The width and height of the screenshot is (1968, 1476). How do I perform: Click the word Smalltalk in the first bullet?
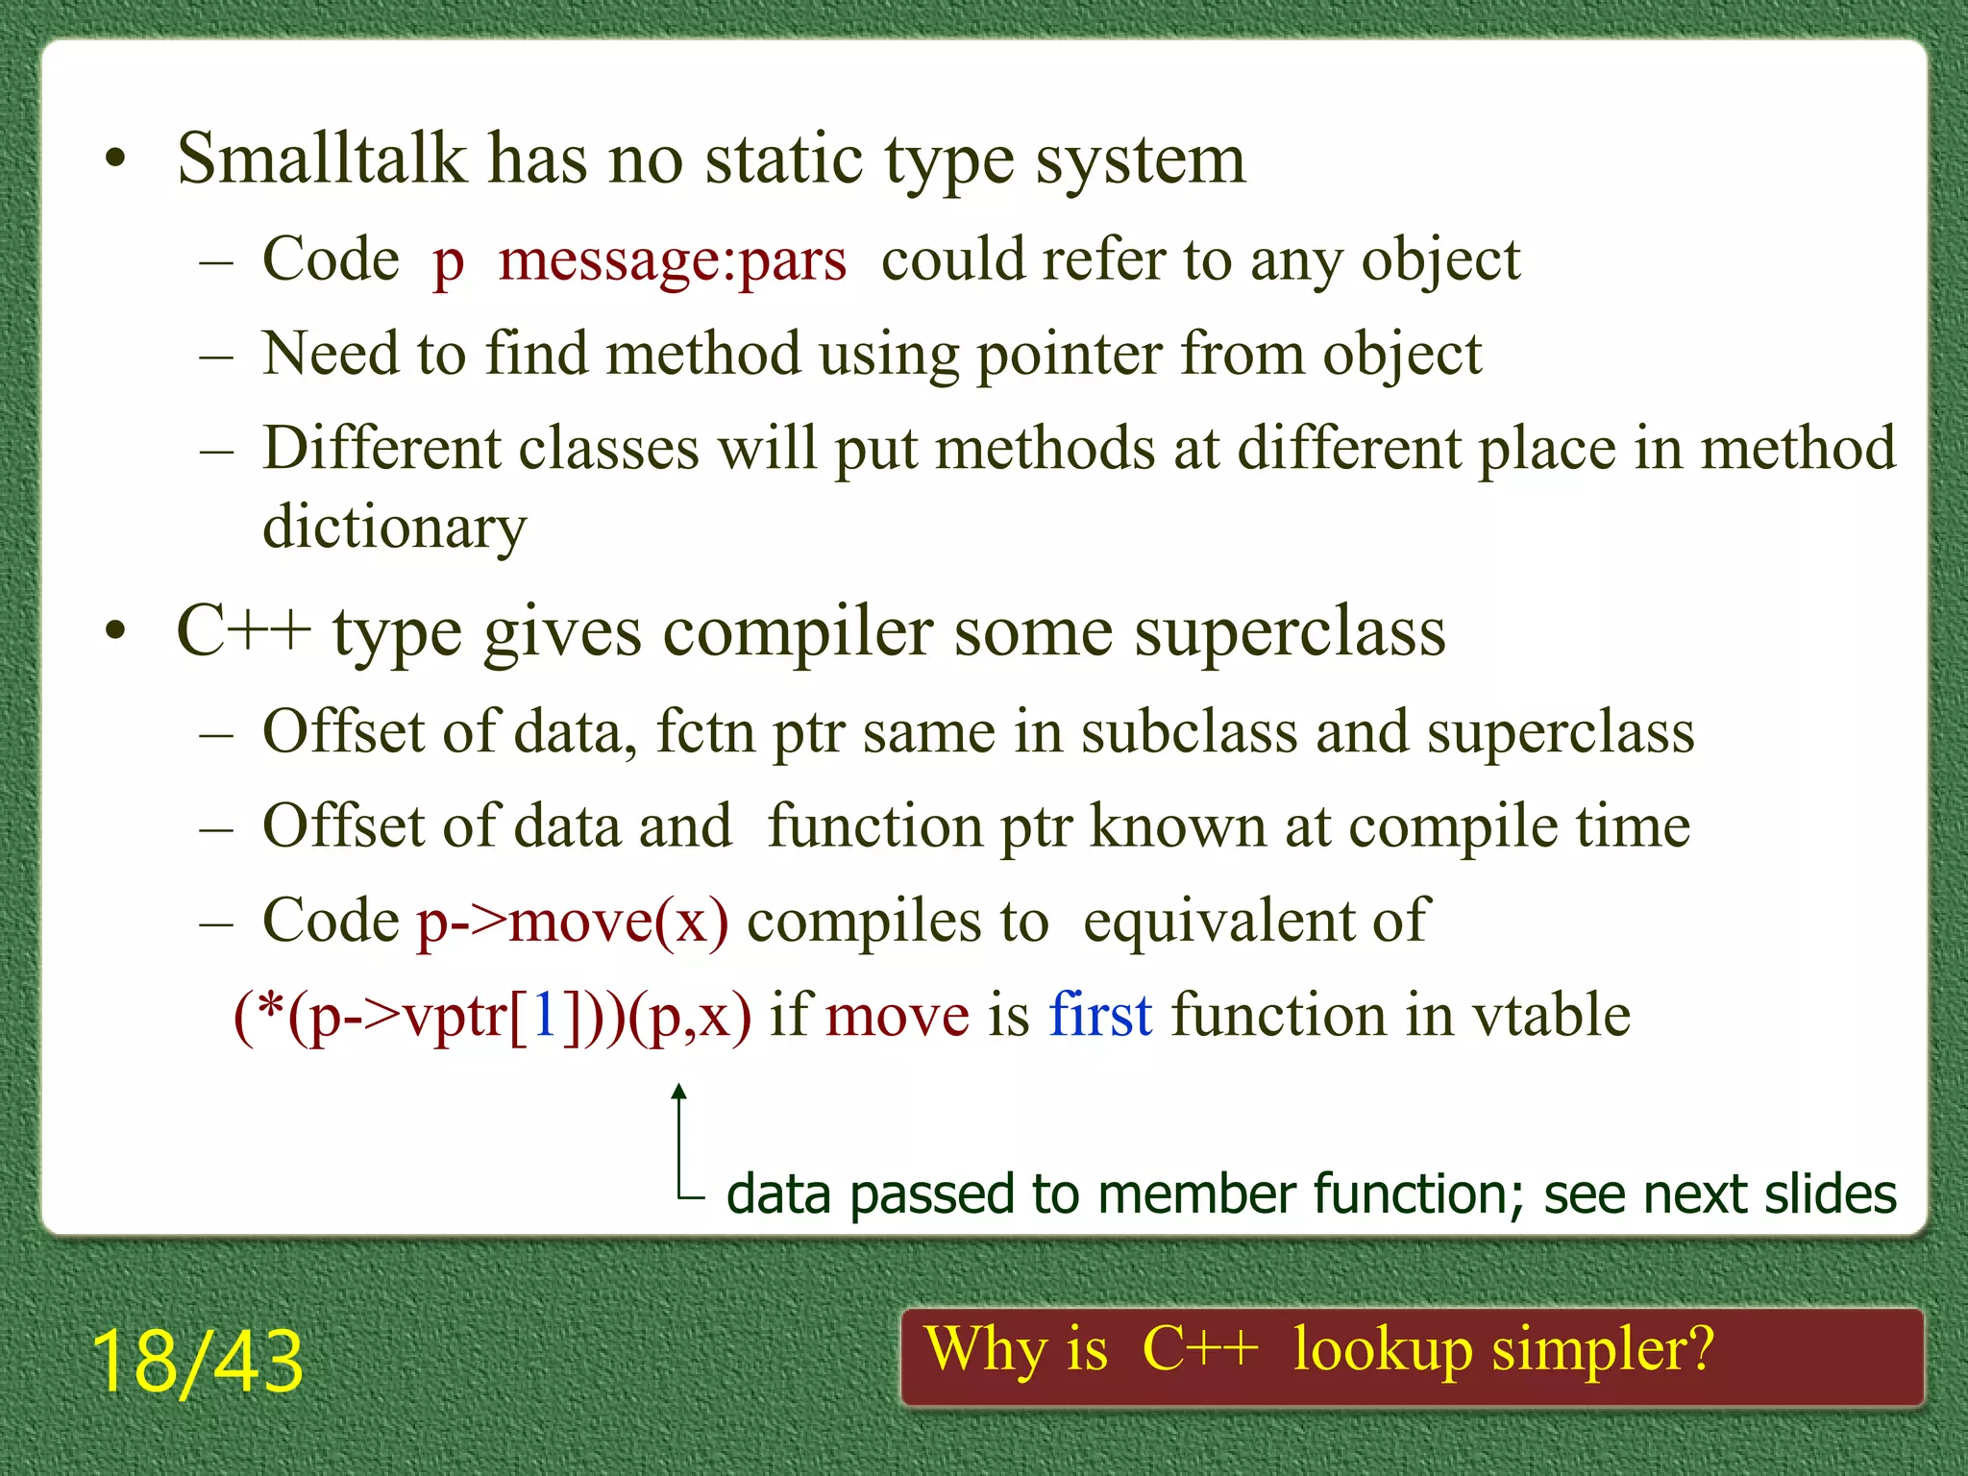pyautogui.click(x=321, y=159)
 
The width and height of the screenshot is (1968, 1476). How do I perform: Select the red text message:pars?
pyautogui.click(x=673, y=260)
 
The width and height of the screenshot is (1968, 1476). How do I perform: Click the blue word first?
pyautogui.click(x=1100, y=1015)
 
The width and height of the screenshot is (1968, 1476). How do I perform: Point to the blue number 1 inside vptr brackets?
pyautogui.click(x=545, y=1015)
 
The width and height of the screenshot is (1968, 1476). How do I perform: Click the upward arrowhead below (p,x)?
pyautogui.click(x=679, y=1091)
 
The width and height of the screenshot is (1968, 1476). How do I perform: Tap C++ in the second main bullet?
pyautogui.click(x=243, y=631)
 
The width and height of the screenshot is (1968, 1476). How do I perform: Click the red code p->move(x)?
pyautogui.click(x=573, y=922)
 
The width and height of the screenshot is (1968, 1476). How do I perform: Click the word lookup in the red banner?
pyautogui.click(x=1382, y=1349)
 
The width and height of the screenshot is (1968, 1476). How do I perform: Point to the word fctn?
pyautogui.click(x=705, y=732)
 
